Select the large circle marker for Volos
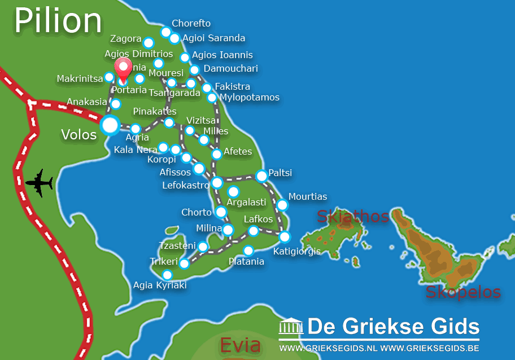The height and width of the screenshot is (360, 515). (110, 125)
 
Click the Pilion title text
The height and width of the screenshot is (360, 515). (58, 21)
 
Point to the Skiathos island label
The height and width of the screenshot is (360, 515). (353, 216)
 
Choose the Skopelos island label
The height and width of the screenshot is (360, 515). (463, 292)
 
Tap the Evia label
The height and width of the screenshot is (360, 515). (240, 345)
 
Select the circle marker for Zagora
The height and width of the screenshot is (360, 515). (148, 43)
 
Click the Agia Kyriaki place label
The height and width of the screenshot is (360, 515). (160, 285)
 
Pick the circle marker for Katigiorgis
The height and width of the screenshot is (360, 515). (285, 236)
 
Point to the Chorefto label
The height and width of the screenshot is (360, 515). (191, 23)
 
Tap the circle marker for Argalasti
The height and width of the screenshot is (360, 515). (233, 191)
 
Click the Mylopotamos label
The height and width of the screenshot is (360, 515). (250, 98)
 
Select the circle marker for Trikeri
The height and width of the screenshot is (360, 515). (184, 263)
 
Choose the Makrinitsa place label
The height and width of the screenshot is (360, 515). (80, 78)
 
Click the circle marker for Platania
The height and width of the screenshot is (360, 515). (248, 251)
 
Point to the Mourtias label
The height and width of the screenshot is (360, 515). (308, 197)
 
